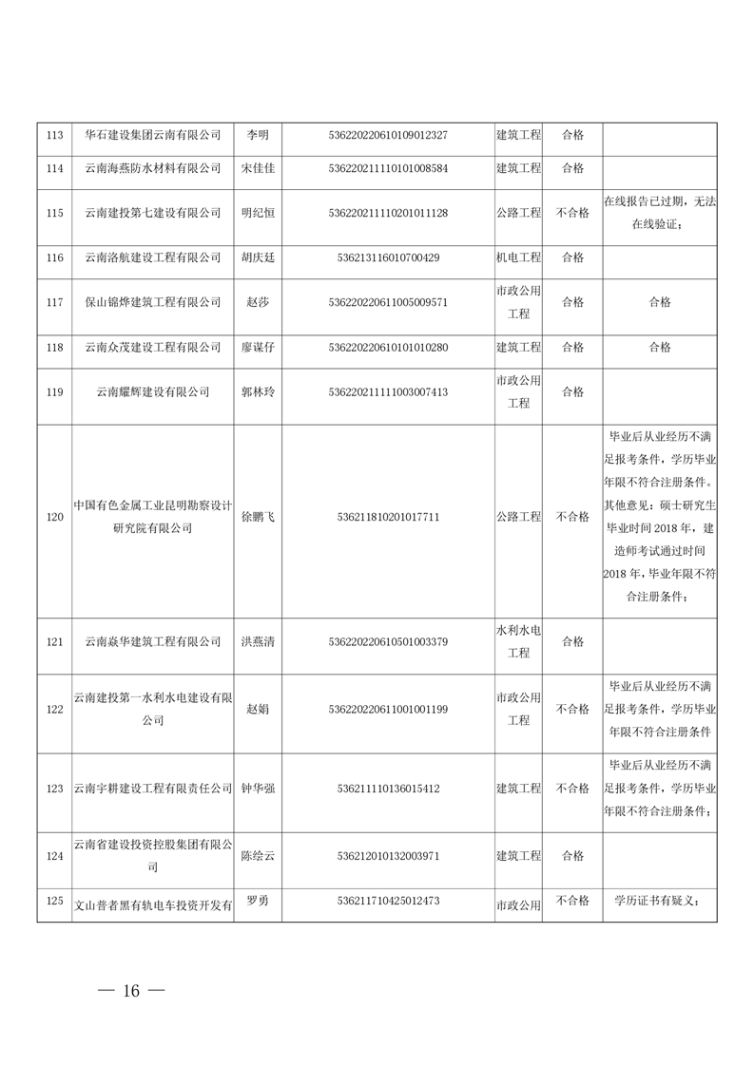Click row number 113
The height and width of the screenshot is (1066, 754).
54,135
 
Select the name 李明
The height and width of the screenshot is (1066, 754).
258,135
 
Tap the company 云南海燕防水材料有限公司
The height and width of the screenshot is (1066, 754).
153,168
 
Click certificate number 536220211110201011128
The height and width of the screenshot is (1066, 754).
388,213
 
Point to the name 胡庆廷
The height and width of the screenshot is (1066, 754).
258,257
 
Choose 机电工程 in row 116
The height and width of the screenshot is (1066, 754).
518,257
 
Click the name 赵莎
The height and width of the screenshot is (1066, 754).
258,302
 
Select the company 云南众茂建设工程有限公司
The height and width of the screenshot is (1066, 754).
153,347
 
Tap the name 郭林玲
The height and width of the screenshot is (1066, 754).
258,391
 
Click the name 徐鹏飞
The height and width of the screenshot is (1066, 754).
258,517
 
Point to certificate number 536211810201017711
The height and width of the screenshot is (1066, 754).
388,517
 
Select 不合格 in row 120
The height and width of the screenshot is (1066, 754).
572,517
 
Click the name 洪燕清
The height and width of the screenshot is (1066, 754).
258,641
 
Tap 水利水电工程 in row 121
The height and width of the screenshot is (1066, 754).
518,641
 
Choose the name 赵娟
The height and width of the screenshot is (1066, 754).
258,709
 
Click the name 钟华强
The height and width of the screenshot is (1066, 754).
258,789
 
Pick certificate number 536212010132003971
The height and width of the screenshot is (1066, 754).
388,856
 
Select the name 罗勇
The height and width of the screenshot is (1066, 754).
258,901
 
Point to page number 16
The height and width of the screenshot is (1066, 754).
131,991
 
